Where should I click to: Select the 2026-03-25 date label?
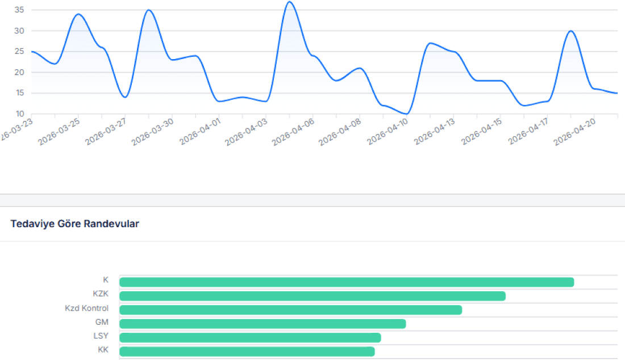click(x=60, y=131)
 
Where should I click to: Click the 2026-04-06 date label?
click(x=293, y=131)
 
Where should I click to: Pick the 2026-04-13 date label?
click(x=435, y=131)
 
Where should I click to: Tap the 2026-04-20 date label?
click(x=575, y=131)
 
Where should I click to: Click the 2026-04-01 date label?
click(x=200, y=131)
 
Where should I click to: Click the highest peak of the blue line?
click(x=289, y=2)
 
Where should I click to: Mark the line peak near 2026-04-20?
click(x=571, y=31)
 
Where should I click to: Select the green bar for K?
click(x=347, y=282)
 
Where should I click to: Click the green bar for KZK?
click(x=312, y=296)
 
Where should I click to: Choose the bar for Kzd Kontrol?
click(x=290, y=310)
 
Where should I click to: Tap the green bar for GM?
click(x=262, y=324)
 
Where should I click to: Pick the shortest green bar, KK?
click(x=247, y=351)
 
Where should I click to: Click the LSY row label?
click(x=101, y=336)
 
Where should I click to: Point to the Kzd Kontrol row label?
click(x=86, y=308)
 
